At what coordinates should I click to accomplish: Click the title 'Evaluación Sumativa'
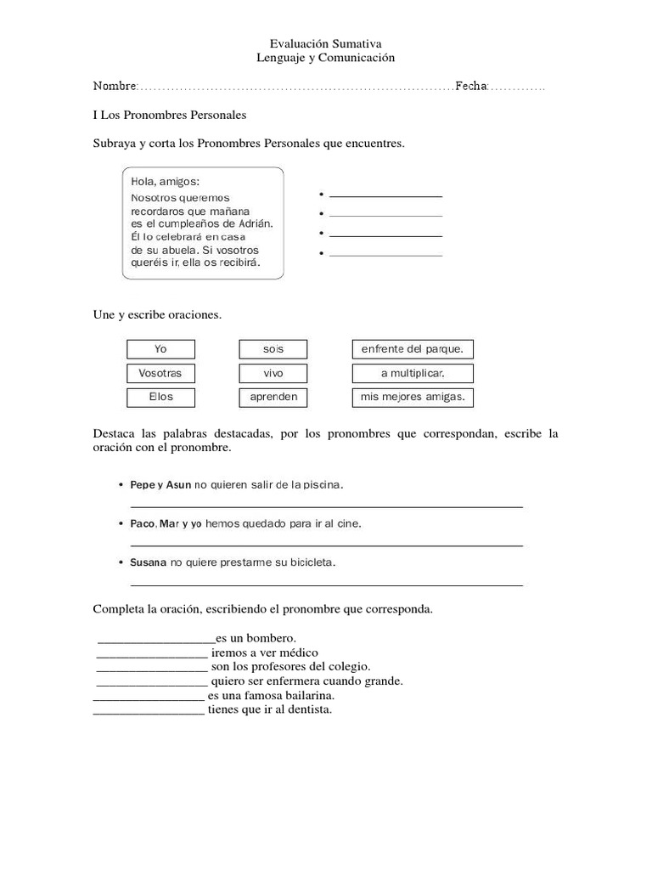pyautogui.click(x=325, y=43)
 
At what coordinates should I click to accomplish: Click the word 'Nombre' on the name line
pyautogui.click(x=115, y=87)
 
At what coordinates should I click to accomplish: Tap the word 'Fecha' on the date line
pyautogui.click(x=471, y=87)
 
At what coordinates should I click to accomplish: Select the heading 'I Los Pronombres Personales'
pyautogui.click(x=169, y=115)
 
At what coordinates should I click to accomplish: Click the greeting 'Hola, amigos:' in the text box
pyautogui.click(x=166, y=182)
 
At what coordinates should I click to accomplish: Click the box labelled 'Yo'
pyautogui.click(x=160, y=349)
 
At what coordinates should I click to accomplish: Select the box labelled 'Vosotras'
pyautogui.click(x=160, y=373)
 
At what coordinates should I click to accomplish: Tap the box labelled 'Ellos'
pyautogui.click(x=160, y=397)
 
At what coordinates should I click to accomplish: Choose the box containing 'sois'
pyautogui.click(x=273, y=349)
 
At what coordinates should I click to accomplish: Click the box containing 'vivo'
pyautogui.click(x=273, y=373)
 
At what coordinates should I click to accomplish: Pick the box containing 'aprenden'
pyautogui.click(x=273, y=397)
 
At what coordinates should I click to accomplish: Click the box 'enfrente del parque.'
pyautogui.click(x=413, y=349)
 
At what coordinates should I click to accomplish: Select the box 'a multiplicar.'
pyautogui.click(x=413, y=373)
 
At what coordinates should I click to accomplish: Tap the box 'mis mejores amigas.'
pyautogui.click(x=413, y=397)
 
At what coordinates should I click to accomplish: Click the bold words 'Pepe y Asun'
pyautogui.click(x=160, y=485)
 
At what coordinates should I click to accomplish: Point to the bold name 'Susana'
pyautogui.click(x=149, y=562)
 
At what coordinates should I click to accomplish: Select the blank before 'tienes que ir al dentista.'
pyautogui.click(x=148, y=711)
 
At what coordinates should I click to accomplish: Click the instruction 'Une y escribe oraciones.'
pyautogui.click(x=157, y=315)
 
